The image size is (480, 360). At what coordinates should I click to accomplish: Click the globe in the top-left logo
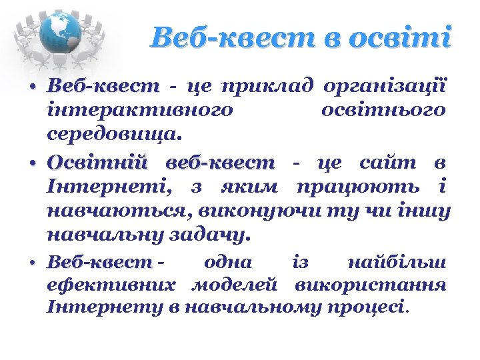click(60, 33)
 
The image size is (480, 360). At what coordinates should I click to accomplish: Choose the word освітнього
click(383, 111)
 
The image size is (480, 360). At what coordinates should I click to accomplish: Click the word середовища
click(113, 135)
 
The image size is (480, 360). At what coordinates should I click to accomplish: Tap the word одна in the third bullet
click(229, 263)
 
